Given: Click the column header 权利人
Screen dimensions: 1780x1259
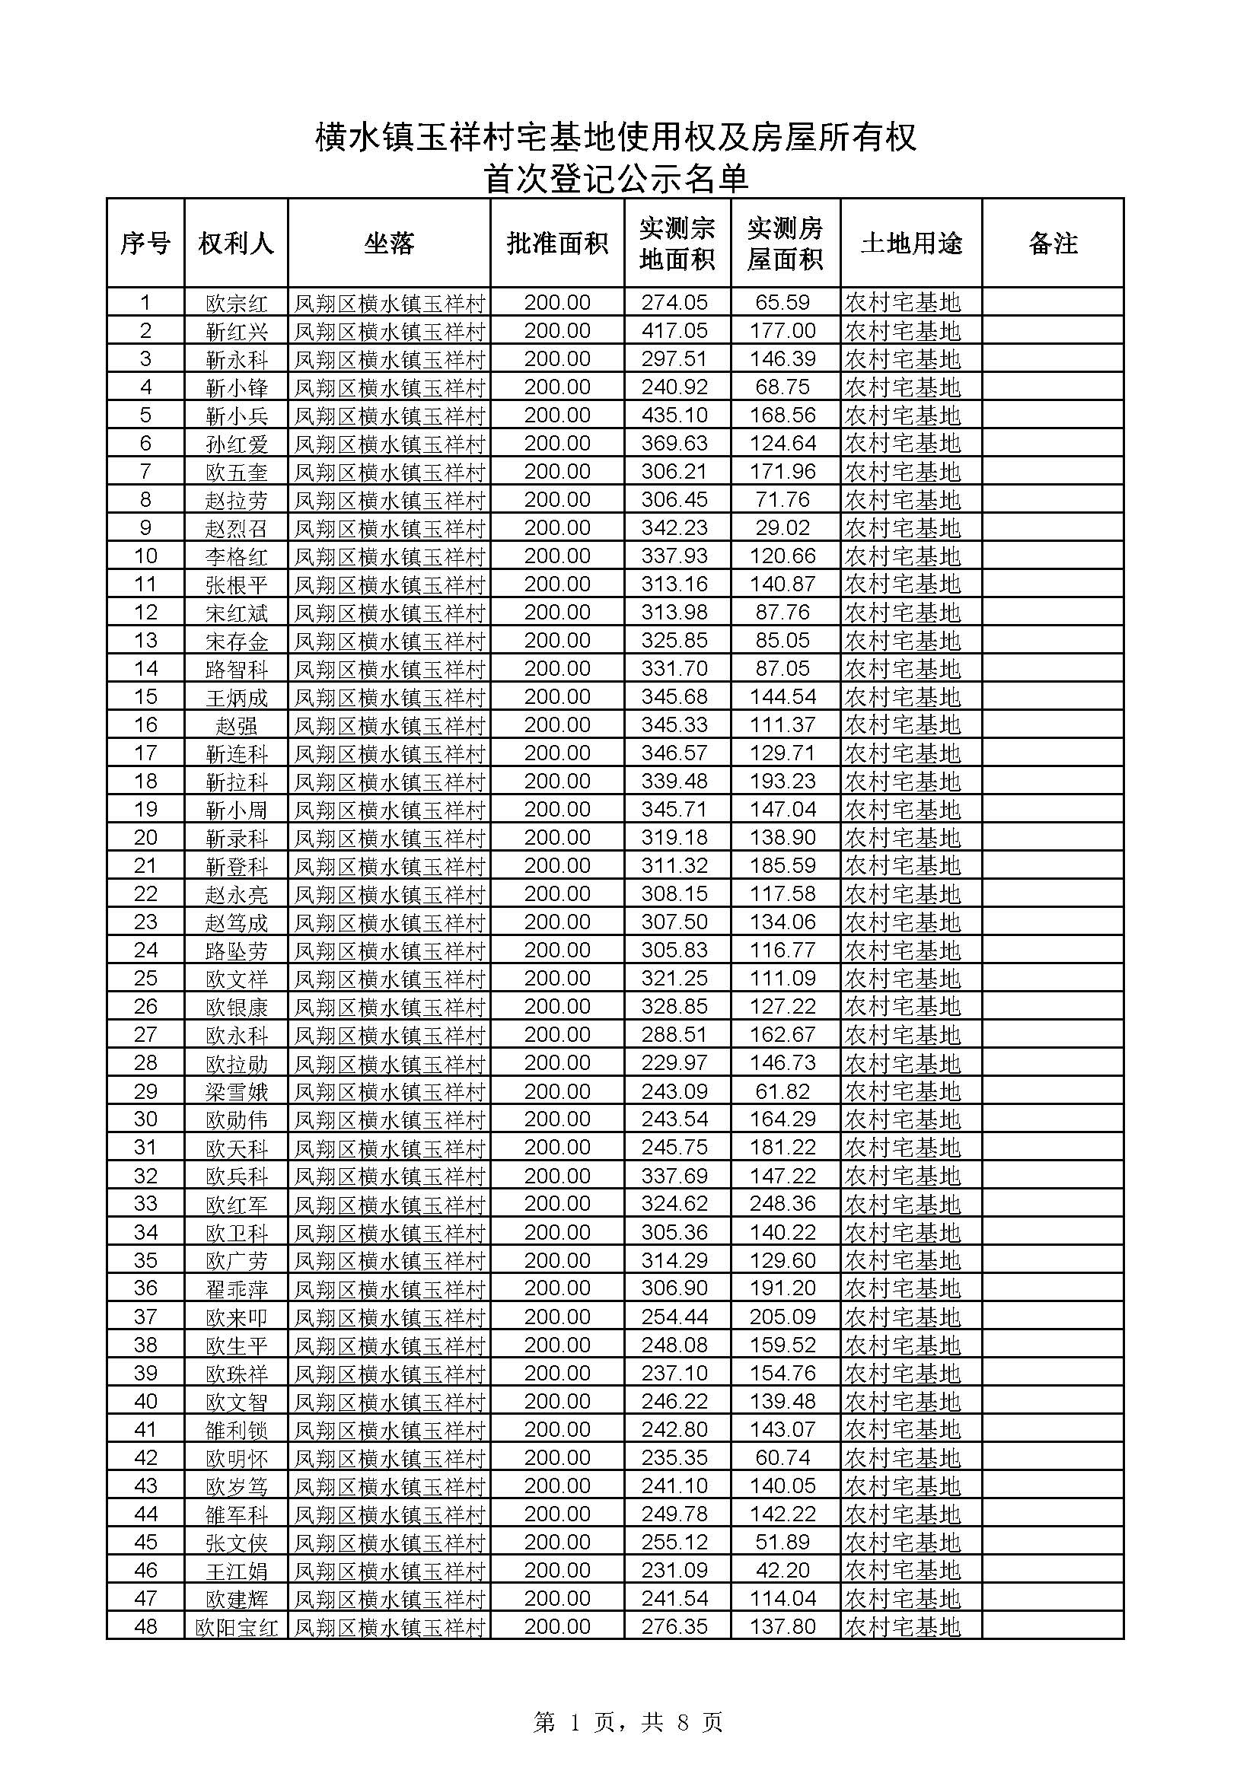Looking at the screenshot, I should click(x=236, y=244).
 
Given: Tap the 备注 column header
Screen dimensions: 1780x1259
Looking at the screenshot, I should click(x=1052, y=244).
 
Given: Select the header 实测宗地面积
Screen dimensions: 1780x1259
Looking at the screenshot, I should click(x=677, y=244).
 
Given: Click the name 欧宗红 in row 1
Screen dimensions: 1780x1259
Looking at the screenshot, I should click(x=237, y=303).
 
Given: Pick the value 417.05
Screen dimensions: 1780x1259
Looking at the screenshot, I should click(x=674, y=331).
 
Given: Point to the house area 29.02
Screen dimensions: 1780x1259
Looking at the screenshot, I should click(x=782, y=528).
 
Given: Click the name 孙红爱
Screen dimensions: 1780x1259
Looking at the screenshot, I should click(x=237, y=444).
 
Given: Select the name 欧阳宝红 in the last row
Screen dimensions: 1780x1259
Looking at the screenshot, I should click(x=237, y=1626).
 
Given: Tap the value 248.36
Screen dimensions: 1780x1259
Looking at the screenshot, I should click(x=782, y=1204).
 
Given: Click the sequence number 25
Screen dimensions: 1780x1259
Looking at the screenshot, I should click(x=145, y=979).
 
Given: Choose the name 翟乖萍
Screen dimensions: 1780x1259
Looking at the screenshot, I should click(x=237, y=1288).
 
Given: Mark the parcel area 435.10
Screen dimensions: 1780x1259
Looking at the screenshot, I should click(x=674, y=416).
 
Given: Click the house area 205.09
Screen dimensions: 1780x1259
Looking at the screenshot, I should click(x=782, y=1317).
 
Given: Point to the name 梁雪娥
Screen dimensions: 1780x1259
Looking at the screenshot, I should click(x=237, y=1091).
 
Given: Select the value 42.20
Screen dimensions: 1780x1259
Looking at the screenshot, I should click(x=782, y=1570).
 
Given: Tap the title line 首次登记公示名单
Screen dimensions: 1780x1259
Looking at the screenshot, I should click(x=617, y=179).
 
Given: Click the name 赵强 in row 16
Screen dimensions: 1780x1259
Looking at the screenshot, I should click(x=237, y=726).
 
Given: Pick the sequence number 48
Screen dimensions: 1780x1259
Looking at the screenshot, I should click(x=145, y=1626).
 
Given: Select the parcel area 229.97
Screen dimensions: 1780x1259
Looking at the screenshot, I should click(x=674, y=1063).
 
